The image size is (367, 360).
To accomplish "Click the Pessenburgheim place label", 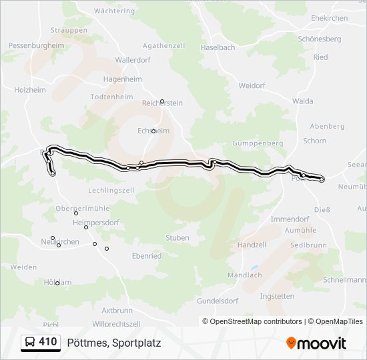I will (36, 45).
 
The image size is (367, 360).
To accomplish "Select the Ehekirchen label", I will (329, 19).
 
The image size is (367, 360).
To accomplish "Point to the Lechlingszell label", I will (111, 190).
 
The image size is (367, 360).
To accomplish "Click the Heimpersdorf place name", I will (99, 223).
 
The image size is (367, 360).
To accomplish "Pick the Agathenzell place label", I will (163, 45).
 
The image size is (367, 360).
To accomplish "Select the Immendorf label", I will (290, 219).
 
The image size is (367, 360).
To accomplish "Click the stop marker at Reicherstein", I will (161, 101).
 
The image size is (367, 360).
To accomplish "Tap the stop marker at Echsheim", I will (153, 131).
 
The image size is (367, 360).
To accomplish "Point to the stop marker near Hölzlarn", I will (57, 283).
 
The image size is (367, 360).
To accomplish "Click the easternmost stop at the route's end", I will (322, 179).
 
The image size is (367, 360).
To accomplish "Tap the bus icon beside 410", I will (30, 343).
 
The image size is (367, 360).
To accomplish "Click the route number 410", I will (47, 343).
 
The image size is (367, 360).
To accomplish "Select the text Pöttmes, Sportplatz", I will (114, 343).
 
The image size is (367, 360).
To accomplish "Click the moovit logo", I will (316, 343).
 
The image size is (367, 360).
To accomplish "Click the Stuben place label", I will (177, 238).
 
